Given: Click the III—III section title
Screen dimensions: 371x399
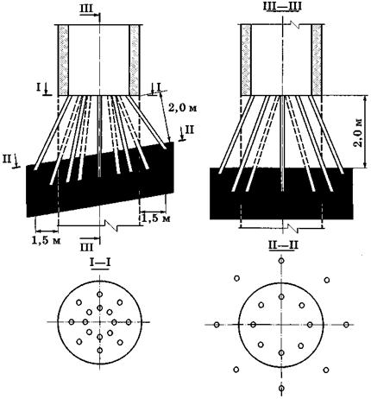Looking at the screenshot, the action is point(282,7).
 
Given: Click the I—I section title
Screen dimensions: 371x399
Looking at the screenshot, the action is point(100,263).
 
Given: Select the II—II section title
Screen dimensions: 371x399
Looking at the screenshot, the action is point(283,245).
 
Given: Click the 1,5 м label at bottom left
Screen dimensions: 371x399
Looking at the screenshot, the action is point(47,240).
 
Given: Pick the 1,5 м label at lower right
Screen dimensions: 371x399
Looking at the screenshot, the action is point(156,218).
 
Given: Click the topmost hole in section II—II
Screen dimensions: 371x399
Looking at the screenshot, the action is point(281,261).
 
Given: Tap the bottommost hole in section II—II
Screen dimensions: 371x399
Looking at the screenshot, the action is point(281,388).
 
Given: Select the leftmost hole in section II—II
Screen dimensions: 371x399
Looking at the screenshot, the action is point(217,325).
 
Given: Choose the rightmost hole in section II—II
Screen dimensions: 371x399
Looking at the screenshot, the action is point(346,325).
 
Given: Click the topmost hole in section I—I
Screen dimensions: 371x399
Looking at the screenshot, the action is point(100,294).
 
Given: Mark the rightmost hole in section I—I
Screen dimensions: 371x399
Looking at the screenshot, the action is point(129,322).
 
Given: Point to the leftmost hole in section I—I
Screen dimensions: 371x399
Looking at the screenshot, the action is point(72,322).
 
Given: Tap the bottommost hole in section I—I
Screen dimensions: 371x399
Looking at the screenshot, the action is point(100,351).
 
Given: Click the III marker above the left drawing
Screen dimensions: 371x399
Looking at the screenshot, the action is point(87,9).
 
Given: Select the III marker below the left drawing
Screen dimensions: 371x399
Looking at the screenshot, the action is point(87,247).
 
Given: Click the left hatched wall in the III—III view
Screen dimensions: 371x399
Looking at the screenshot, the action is point(246,60).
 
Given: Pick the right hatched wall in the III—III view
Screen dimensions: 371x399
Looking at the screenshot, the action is point(317,60).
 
